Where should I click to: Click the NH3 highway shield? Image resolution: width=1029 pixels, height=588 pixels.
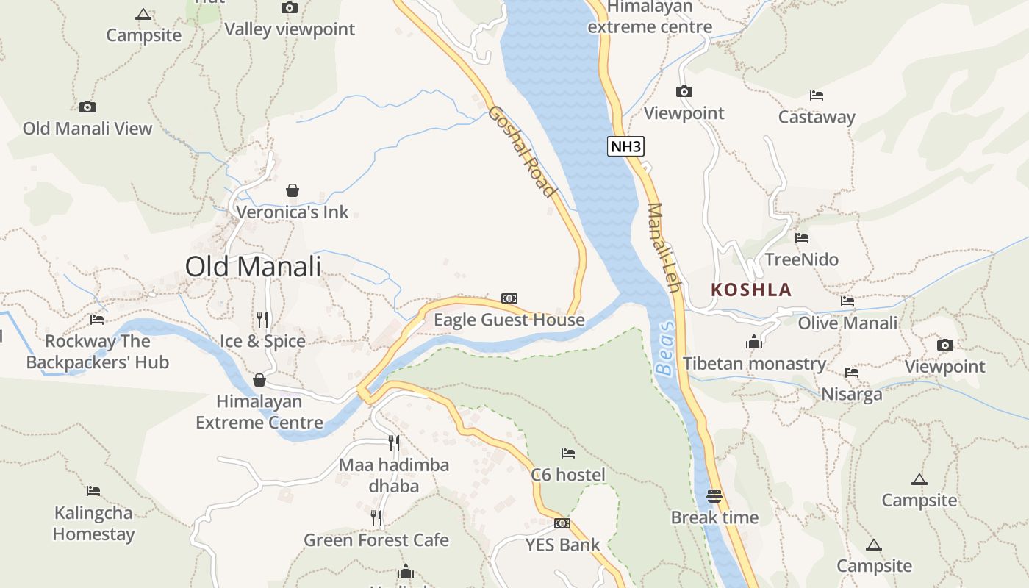click(626, 146)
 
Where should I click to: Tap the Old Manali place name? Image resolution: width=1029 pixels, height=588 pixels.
click(253, 266)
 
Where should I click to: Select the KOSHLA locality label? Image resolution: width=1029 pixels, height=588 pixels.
click(751, 290)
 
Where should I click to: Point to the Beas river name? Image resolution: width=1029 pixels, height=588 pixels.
click(666, 348)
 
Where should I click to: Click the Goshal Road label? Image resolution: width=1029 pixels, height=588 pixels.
click(521, 151)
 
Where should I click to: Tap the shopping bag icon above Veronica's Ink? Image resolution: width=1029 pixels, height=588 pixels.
click(293, 191)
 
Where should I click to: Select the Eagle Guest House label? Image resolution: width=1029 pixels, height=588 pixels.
click(509, 320)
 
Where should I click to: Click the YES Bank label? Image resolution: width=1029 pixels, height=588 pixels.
click(562, 545)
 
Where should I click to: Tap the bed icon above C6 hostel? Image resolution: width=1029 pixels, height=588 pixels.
click(567, 453)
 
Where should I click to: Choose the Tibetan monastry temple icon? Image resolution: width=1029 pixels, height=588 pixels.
click(753, 343)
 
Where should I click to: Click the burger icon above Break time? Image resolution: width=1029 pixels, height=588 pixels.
click(714, 496)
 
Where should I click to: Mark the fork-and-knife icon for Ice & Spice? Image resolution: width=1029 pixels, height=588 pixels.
click(262, 320)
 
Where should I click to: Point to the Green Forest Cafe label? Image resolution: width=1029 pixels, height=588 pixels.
click(376, 540)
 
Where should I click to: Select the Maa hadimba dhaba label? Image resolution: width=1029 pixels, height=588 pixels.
click(394, 476)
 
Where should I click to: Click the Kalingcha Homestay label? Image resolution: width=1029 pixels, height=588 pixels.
click(93, 523)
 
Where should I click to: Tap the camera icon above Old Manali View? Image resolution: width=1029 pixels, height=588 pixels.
click(87, 107)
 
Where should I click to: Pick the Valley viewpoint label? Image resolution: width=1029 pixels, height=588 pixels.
click(290, 29)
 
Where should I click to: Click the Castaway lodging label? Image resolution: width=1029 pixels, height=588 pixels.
click(817, 117)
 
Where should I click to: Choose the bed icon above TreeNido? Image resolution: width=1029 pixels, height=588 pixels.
click(802, 238)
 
